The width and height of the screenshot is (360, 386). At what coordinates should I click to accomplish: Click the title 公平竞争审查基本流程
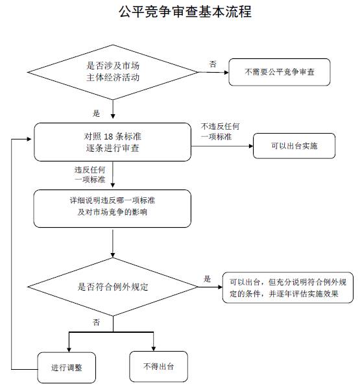(x=185, y=12)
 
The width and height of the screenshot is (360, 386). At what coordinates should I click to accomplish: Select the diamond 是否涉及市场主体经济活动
(x=113, y=72)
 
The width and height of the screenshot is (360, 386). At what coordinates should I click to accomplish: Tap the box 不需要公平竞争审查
(x=280, y=72)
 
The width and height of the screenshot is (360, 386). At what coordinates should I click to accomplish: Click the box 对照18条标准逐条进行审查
(x=112, y=142)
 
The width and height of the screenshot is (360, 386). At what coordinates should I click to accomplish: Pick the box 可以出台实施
(x=294, y=146)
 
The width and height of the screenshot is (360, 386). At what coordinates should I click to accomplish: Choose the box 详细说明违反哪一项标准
(x=112, y=208)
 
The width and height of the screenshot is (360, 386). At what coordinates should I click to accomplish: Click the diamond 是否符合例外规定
(x=113, y=287)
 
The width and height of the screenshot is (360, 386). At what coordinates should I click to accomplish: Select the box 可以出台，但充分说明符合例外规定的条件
(x=287, y=287)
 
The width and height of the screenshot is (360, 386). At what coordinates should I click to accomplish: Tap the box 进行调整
(x=66, y=368)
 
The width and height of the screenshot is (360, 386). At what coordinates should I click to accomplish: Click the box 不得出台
(x=158, y=367)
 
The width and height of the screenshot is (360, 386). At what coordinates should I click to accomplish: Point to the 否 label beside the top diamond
(x=213, y=64)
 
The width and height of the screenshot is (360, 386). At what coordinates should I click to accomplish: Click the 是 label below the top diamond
(x=96, y=114)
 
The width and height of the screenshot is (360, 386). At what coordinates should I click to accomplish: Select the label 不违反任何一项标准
(x=220, y=132)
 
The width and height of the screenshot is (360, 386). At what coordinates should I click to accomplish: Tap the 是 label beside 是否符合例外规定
(x=207, y=279)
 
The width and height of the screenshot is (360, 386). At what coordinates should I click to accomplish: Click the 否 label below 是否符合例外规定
(x=96, y=322)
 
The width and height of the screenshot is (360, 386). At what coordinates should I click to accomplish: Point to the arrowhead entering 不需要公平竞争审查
(x=226, y=73)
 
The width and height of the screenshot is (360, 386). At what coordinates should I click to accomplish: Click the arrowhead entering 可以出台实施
(x=251, y=146)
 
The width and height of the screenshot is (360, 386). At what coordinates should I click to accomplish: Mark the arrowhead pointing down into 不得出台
(x=154, y=349)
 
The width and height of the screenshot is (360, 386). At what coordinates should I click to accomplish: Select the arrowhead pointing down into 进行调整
(x=69, y=350)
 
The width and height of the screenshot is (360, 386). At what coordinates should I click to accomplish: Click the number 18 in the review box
(x=108, y=136)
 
